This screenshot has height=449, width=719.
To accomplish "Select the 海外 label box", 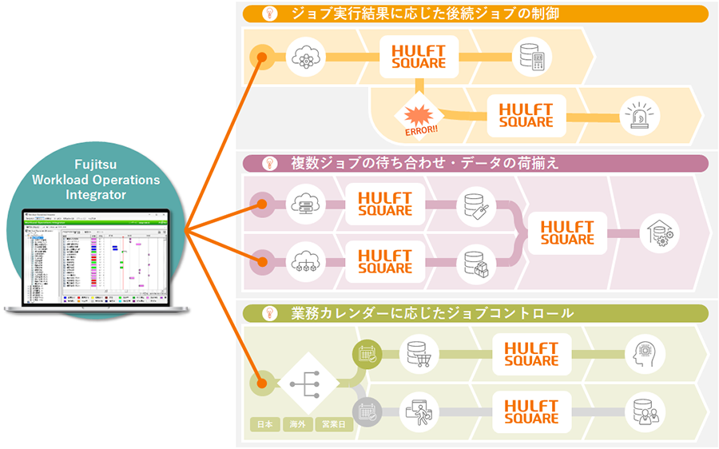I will click(295, 424).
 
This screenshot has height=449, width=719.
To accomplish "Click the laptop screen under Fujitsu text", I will click(97, 257).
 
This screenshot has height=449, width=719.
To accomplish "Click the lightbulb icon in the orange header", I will click(270, 14).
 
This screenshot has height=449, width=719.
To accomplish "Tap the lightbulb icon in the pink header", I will click(270, 164).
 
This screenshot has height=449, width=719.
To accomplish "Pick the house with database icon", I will click(659, 232).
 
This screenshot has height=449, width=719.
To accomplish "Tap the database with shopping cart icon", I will click(419, 354).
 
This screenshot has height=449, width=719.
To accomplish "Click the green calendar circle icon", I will click(368, 353).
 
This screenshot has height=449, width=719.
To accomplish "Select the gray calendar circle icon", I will click(368, 412).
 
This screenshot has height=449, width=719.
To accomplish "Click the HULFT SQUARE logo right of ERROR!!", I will click(526, 115).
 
